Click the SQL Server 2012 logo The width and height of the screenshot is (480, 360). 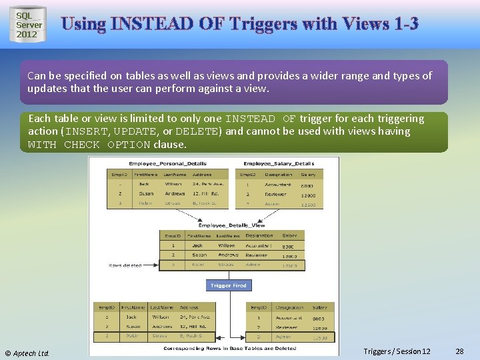[x=28, y=25]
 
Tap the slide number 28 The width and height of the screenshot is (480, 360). [x=459, y=351]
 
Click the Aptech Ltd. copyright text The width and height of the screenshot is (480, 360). [x=27, y=353]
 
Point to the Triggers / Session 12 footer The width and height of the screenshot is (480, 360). [x=397, y=351]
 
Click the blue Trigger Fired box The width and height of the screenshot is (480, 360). [x=229, y=285]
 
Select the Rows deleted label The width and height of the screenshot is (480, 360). [x=125, y=265]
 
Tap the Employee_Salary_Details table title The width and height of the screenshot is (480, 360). [x=279, y=163]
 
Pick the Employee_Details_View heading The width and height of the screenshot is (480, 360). [x=231, y=225]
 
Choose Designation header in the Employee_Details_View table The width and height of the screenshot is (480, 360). [x=259, y=235]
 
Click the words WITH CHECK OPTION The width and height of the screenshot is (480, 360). [x=64, y=145]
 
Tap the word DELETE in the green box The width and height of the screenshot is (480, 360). [x=198, y=131]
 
